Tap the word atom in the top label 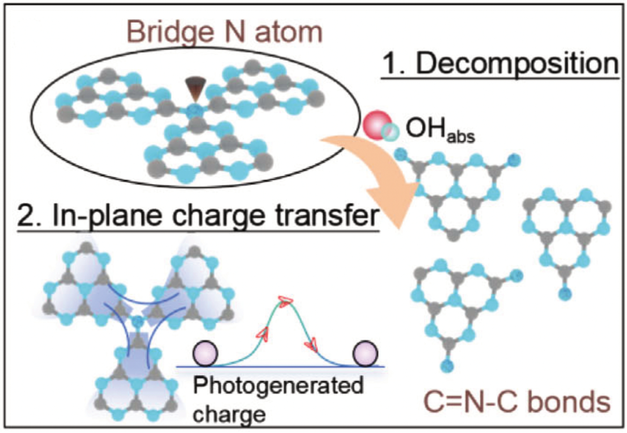point(289,32)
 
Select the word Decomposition point(517,64)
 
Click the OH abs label point(440,130)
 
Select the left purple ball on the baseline point(205,354)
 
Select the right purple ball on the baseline point(365,354)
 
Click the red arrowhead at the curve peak point(285,301)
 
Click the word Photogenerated point(278,386)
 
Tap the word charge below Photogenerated point(229,413)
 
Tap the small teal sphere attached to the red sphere point(390,132)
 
